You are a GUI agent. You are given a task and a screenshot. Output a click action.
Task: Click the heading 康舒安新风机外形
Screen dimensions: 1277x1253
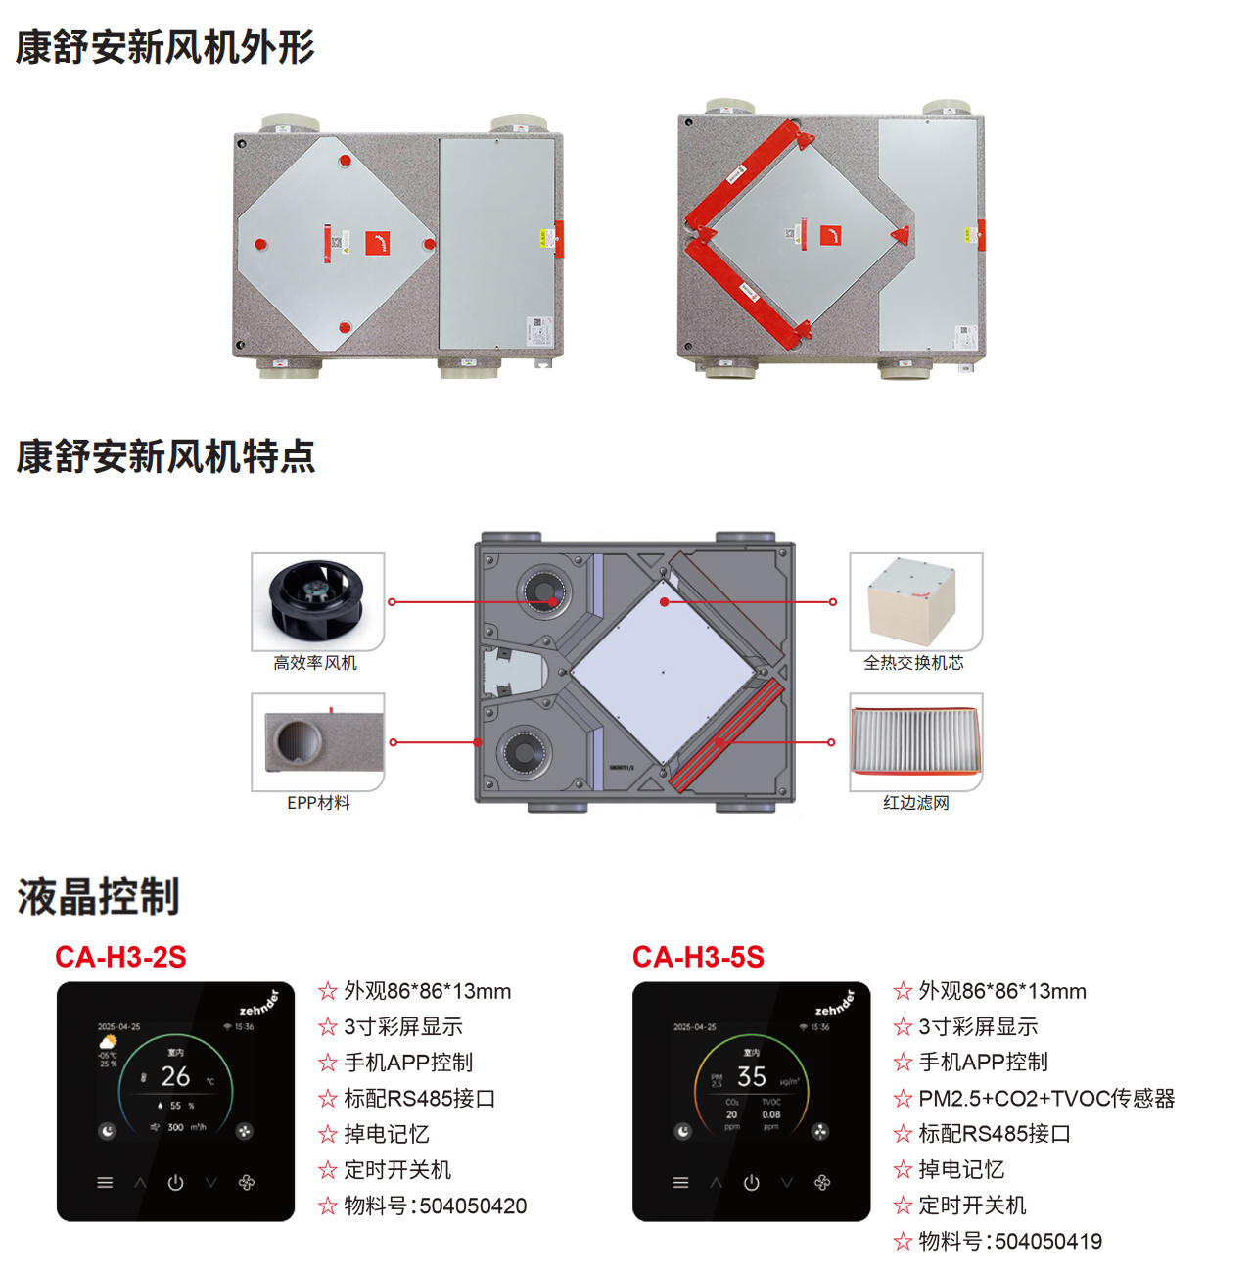coord(164,47)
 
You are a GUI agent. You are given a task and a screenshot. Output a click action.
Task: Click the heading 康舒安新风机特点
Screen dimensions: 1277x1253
coord(164,456)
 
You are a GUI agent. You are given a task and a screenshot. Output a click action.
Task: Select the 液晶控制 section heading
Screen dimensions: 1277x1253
coord(98,896)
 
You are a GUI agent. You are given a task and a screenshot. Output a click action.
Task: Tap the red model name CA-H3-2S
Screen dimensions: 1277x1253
coord(120,957)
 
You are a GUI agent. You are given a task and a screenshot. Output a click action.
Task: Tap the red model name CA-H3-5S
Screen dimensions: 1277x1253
coord(698,957)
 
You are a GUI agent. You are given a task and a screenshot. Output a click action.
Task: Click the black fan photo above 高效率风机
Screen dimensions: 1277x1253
coord(317,600)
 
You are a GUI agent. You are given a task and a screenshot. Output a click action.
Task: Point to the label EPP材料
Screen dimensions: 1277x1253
coord(318,803)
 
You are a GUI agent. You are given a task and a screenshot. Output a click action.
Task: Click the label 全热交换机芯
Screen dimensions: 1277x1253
coord(913,663)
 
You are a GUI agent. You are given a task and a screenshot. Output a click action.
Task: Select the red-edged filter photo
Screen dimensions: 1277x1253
coord(915,741)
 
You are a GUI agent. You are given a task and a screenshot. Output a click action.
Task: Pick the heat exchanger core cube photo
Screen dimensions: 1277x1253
coord(914,600)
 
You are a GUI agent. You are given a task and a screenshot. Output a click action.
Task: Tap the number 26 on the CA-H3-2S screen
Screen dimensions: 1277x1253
coord(175,1076)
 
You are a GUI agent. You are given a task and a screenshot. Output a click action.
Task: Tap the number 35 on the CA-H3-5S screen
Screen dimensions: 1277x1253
coord(751,1076)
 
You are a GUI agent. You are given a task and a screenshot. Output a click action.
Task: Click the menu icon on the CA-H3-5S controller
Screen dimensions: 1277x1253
coord(680,1183)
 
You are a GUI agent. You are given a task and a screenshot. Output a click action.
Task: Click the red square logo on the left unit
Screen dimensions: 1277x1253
coord(378,243)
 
